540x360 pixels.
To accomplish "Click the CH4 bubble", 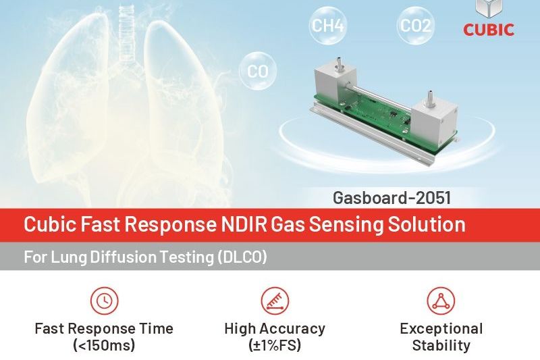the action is pos(327,25).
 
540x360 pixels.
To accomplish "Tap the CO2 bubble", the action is pos(415,26).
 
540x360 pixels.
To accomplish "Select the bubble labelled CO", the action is pos(258,71).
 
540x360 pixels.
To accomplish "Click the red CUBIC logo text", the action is pos(488,30).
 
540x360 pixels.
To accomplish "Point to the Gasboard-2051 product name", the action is pos(391,198).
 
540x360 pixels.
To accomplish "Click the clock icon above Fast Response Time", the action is pos(105,301).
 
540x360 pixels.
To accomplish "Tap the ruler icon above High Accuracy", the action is pos(275,301).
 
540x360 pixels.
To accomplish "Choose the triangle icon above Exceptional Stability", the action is pos(441,301).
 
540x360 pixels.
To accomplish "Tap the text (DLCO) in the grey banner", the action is pos(242,257).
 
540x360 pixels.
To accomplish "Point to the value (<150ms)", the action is pos(104,345).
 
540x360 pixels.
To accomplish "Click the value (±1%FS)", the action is pos(275,345).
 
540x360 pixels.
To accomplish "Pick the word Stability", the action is pos(441,345).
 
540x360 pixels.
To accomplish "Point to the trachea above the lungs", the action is pos(126,36).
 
